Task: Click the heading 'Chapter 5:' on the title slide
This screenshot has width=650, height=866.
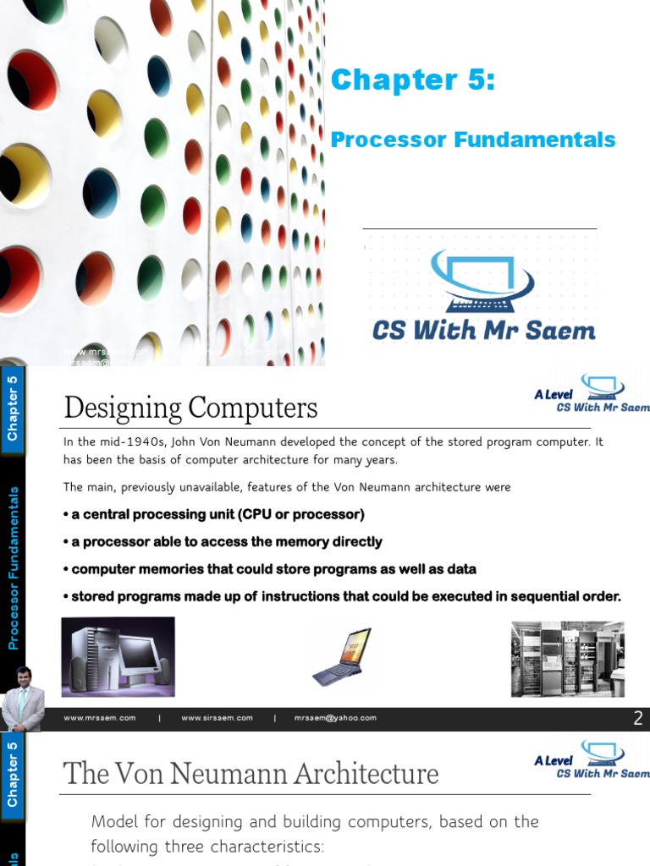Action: (412, 80)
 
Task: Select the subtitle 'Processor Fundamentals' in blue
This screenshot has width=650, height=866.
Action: (473, 140)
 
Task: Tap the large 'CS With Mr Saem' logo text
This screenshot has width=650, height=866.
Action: (483, 329)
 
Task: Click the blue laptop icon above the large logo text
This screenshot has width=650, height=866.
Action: (482, 279)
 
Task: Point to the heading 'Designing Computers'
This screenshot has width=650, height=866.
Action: (190, 408)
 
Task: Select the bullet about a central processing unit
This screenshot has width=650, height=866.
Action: (214, 514)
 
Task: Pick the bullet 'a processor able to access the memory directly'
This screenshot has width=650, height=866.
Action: (223, 541)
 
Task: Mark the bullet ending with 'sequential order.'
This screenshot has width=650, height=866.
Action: (342, 596)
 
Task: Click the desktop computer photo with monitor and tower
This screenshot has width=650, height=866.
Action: (118, 656)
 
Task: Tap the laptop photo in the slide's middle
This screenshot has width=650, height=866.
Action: (341, 656)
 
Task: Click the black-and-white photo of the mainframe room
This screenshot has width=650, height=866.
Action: (567, 659)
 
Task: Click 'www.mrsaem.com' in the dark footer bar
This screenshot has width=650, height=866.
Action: (100, 718)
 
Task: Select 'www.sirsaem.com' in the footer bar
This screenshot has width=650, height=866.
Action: (217, 718)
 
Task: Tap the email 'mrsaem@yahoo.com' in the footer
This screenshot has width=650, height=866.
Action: (335, 718)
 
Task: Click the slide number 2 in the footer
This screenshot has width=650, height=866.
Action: (638, 719)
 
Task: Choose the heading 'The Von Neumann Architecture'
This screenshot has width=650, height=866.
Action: (251, 773)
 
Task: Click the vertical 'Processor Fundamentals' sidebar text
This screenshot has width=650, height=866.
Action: (14, 567)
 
